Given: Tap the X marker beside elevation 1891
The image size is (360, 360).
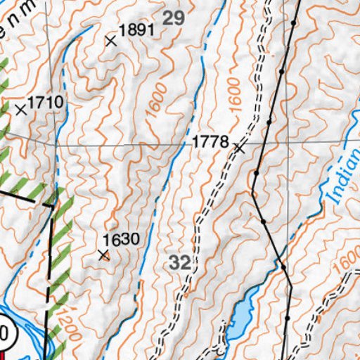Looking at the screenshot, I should [x=110, y=41].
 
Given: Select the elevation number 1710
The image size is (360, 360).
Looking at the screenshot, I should [x=46, y=103].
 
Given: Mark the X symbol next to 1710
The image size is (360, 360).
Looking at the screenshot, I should [x=20, y=109].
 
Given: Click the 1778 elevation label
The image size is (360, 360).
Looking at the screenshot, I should [x=210, y=143].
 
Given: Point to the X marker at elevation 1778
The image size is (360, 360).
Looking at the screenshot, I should [x=240, y=148].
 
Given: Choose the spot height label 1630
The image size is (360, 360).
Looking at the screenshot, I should [x=121, y=239].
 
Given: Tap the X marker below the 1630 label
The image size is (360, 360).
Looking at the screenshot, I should [x=104, y=255].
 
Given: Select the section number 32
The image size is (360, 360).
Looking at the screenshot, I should [x=180, y=264].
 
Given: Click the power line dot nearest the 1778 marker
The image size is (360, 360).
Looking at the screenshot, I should [x=256, y=172].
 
